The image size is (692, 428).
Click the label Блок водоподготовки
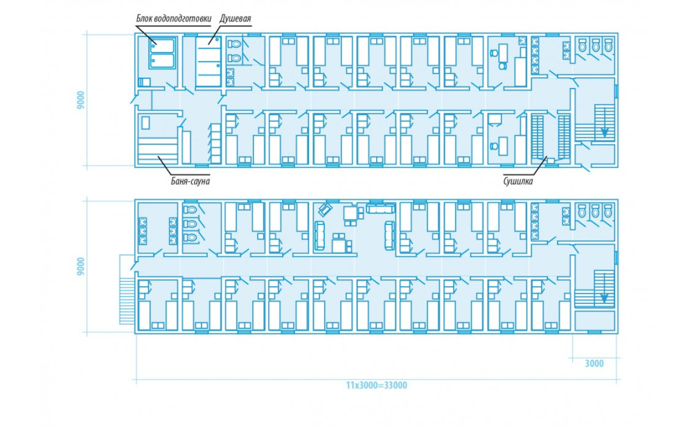click(173, 19)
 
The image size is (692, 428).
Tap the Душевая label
click(236, 19)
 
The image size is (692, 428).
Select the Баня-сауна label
click(190, 181)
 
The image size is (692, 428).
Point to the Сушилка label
click(518, 181)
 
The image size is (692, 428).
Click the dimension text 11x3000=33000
click(376, 385)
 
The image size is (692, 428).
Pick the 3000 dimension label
click(594, 364)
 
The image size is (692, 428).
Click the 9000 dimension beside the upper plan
click(80, 101)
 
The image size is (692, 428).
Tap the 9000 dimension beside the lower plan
click(80, 267)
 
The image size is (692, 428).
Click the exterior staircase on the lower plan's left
click(126, 290)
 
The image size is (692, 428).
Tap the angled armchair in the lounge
click(326, 209)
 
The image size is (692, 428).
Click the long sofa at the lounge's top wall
click(381, 208)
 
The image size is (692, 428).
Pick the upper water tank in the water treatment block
click(161, 46)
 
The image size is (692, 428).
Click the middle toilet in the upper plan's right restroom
click(595, 44)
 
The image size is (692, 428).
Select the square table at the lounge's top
click(351, 213)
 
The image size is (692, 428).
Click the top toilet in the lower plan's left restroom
click(190, 209)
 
